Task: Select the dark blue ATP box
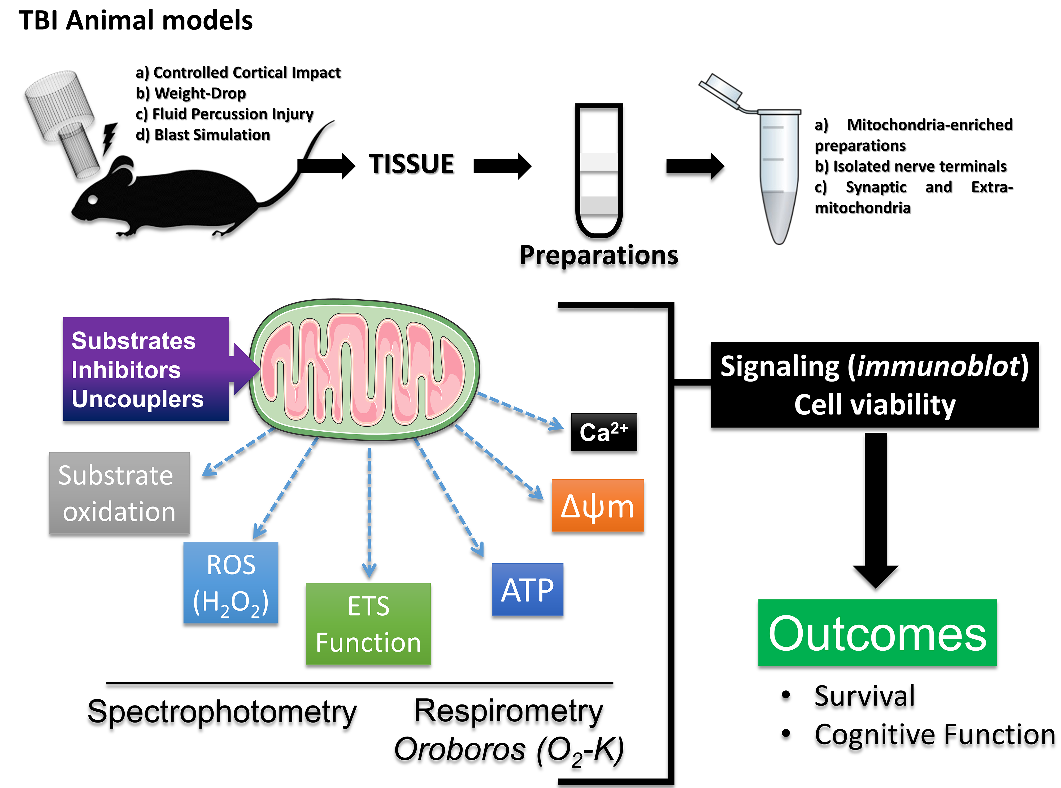527,590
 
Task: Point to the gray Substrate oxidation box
119,493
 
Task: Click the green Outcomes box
877,633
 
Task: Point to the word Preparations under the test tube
599,255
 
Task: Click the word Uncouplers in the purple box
137,399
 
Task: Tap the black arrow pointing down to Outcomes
875,510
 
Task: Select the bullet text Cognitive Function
934,735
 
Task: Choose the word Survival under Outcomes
864,696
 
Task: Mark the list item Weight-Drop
200,93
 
